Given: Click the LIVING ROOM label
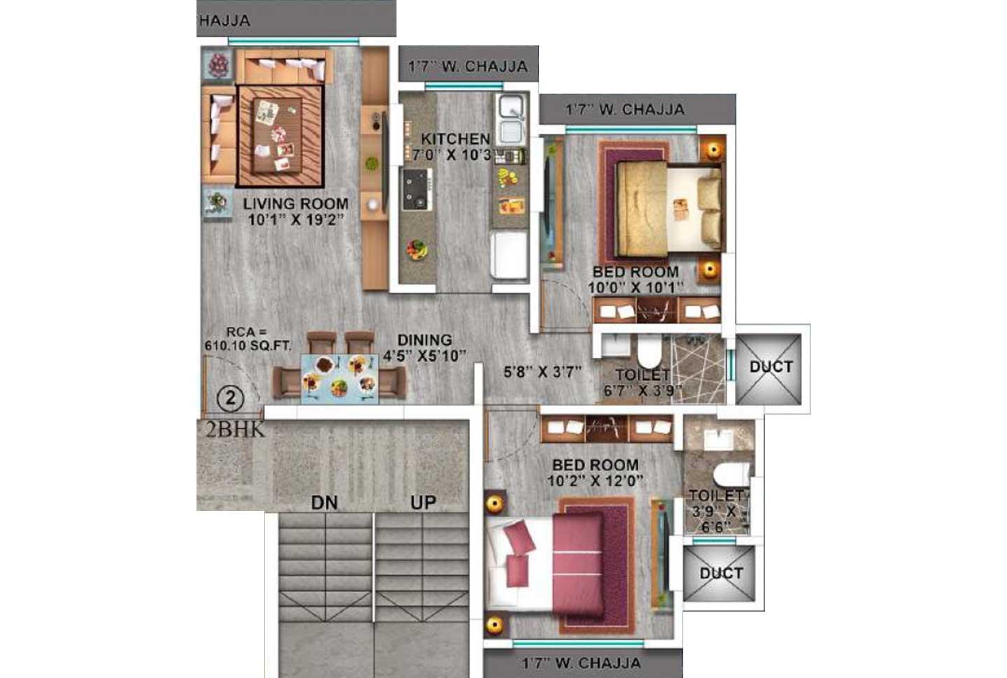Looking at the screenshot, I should [296, 204].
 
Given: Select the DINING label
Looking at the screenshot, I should [424, 340].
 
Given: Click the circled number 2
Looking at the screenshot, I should [230, 399].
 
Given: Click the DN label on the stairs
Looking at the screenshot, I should [324, 502].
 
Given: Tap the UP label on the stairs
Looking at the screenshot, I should [423, 502].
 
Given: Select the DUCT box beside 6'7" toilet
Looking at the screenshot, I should [771, 366].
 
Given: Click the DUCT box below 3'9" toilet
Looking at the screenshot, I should [720, 573].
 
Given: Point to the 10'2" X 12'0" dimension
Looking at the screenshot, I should [595, 481].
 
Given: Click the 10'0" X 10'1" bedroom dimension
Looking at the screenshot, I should [635, 287].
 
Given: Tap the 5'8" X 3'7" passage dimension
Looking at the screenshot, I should [543, 372].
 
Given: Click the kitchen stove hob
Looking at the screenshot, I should [417, 189].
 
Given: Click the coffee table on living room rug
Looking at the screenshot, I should [278, 135].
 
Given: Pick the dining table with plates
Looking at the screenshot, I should [340, 378].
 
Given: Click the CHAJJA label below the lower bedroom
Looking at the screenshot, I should [582, 663].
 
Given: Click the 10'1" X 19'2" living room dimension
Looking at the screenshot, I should [296, 219].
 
